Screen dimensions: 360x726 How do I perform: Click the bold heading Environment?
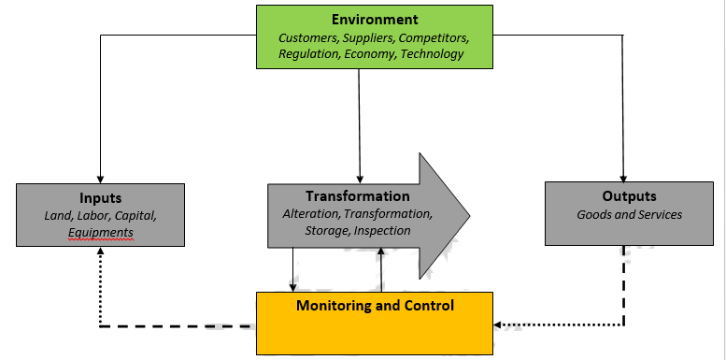pyautogui.click(x=374, y=19)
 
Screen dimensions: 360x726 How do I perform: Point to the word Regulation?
pyautogui.click(x=308, y=53)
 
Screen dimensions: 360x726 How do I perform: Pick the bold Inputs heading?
pyautogui.click(x=100, y=198)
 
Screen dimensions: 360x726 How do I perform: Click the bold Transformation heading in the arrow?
pyautogui.click(x=357, y=196)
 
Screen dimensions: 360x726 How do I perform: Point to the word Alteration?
pyautogui.click(x=312, y=214)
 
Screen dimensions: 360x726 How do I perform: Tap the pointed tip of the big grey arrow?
pyautogui.click(x=469, y=213)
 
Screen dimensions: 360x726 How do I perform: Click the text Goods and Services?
pyautogui.click(x=629, y=214)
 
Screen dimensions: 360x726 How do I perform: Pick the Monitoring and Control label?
pyautogui.click(x=375, y=306)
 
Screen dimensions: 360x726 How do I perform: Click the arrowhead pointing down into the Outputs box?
pyautogui.click(x=623, y=176)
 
